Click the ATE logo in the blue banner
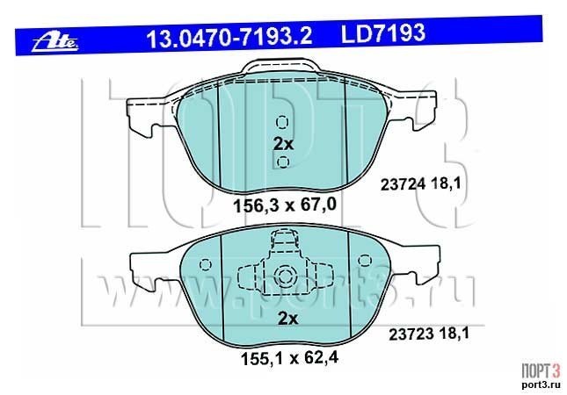coord(55,43)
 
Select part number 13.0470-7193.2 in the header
coord(229,37)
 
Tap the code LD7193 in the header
coord(383,33)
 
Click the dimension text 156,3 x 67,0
coord(285,205)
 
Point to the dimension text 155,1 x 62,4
coord(289,358)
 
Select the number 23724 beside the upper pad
coord(403,185)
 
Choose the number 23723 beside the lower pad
coord(411,334)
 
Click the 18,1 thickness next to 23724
coord(447,184)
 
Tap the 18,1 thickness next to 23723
coord(454,334)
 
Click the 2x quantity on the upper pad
coord(283,144)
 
